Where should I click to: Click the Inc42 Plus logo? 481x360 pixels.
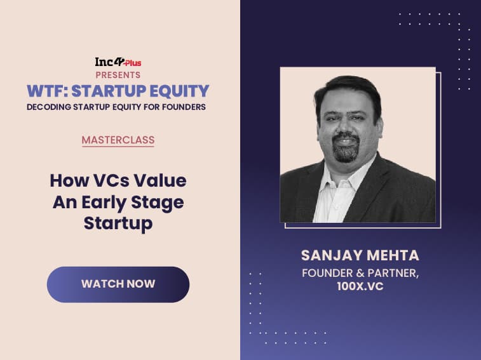click(118, 62)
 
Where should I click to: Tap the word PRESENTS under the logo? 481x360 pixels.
click(118, 75)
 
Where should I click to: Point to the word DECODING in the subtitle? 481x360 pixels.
click(49, 107)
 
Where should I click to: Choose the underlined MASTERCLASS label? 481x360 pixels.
click(118, 140)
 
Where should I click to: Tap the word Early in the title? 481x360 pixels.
click(104, 203)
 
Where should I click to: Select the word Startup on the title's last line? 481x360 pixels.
click(118, 223)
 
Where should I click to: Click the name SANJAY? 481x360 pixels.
click(329, 255)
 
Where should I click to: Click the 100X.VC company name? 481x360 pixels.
click(360, 286)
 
